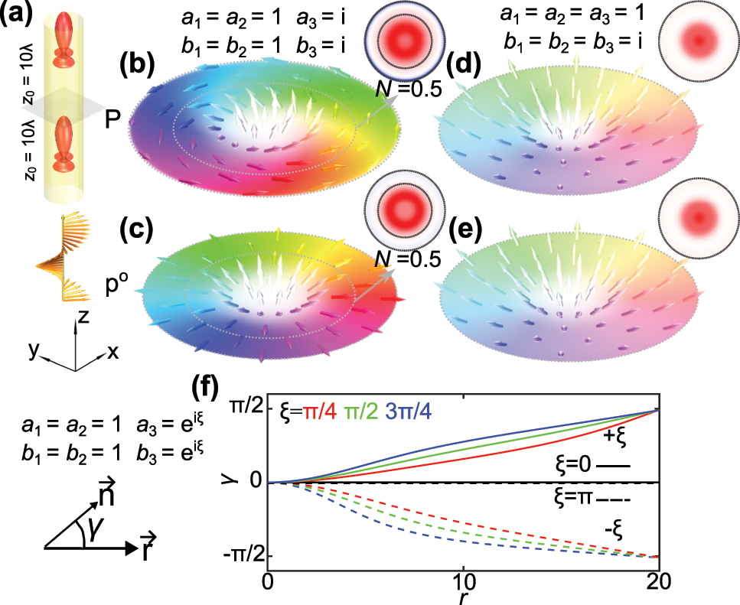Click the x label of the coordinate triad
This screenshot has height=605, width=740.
(x=113, y=352)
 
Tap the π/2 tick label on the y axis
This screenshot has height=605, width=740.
(x=243, y=411)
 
